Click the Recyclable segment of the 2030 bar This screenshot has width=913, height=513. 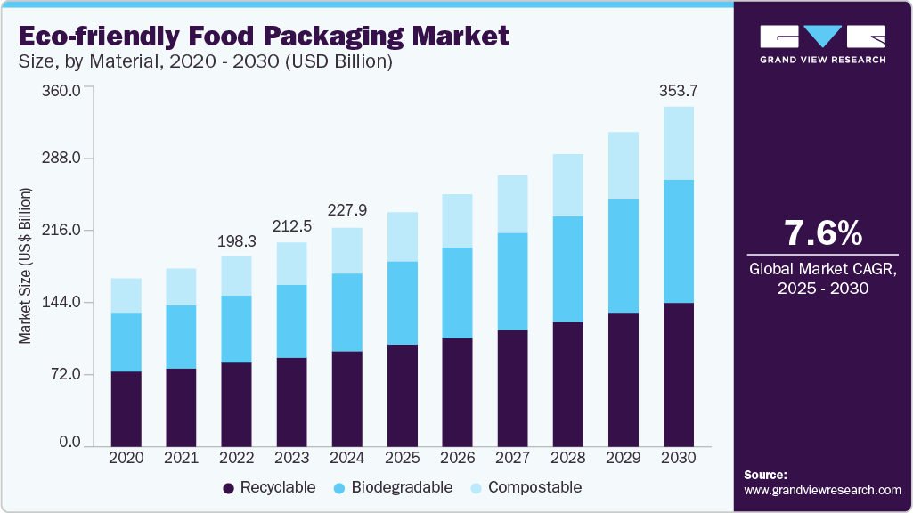tap(679, 374)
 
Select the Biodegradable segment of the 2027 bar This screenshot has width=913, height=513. tap(513, 281)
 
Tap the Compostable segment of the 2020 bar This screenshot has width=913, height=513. tap(126, 296)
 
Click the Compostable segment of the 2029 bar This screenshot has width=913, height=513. tap(624, 166)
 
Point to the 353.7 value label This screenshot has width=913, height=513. tap(678, 91)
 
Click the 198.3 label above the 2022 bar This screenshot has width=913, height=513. tap(236, 241)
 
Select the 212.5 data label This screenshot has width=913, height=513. tap(291, 226)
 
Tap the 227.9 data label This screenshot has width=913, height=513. tap(346, 211)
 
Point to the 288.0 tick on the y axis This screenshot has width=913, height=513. tap(63, 159)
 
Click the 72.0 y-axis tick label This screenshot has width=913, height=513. tap(67, 374)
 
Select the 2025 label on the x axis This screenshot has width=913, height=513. tap(402, 457)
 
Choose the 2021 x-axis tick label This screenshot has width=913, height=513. tap(181, 457)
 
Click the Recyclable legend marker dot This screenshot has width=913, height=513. tap(228, 488)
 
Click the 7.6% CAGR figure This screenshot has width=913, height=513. tap(822, 233)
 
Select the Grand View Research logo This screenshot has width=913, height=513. tap(822, 43)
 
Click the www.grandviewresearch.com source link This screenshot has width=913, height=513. tap(822, 490)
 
